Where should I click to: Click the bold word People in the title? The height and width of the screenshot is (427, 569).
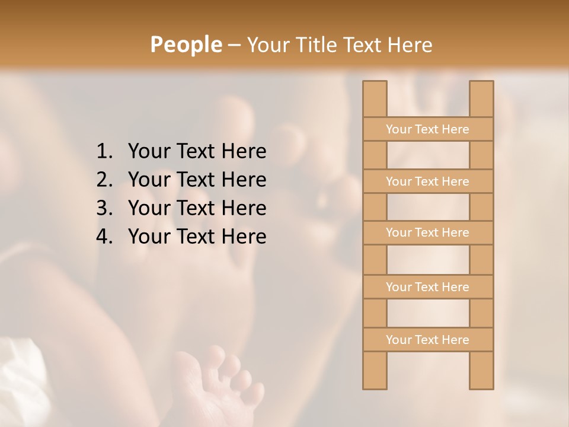pyautogui.click(x=185, y=44)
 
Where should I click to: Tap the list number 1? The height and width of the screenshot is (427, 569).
pyautogui.click(x=104, y=152)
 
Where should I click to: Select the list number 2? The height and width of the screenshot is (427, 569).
pyautogui.click(x=104, y=180)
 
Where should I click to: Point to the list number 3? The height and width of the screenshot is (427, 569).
pyautogui.click(x=104, y=208)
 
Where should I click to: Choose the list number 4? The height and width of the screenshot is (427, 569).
pyautogui.click(x=104, y=237)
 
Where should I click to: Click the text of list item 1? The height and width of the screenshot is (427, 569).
pyautogui.click(x=197, y=152)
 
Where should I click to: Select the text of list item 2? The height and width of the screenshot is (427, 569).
pyautogui.click(x=197, y=180)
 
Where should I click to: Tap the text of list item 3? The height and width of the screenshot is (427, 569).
pyautogui.click(x=197, y=208)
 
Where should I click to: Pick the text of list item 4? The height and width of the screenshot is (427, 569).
pyautogui.click(x=197, y=237)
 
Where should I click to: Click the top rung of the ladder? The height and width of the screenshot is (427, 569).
pyautogui.click(x=427, y=129)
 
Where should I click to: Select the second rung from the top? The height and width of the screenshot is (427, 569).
pyautogui.click(x=427, y=181)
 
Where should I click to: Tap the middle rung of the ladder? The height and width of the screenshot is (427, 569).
pyautogui.click(x=427, y=233)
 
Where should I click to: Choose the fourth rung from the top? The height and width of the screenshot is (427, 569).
pyautogui.click(x=427, y=287)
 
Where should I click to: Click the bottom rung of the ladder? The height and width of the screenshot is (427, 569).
pyautogui.click(x=427, y=340)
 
